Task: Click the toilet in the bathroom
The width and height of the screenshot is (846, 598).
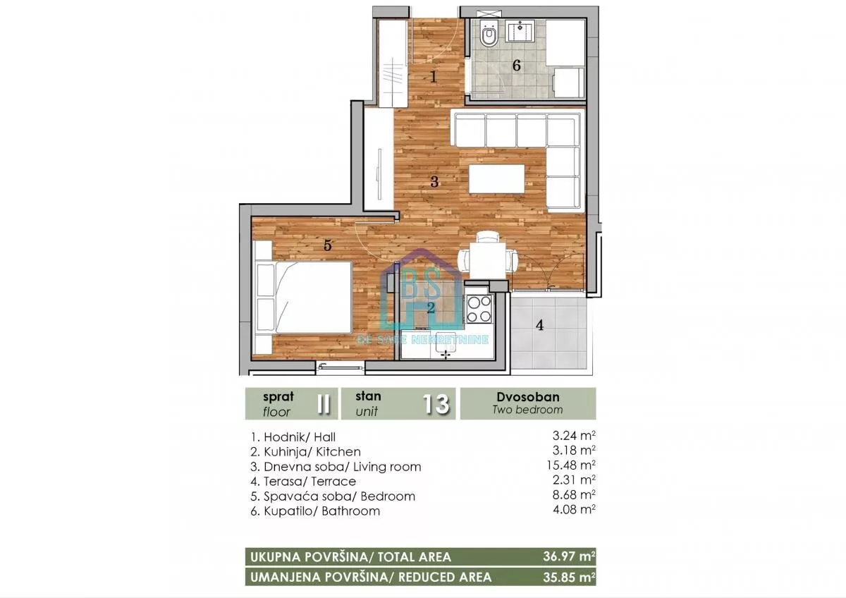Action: pos(489,34)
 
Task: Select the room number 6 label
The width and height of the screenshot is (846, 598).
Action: pos(516,66)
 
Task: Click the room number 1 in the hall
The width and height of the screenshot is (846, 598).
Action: pos(434,77)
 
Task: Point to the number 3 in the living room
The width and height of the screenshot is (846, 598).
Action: pos(434,182)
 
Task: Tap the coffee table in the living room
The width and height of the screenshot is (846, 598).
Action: pos(496,178)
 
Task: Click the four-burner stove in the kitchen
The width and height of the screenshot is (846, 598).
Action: pos(479,310)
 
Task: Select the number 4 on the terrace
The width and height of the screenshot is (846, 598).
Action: pos(540,325)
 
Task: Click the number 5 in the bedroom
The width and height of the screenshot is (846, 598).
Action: pos(327,245)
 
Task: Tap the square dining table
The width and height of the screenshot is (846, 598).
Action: pos(488,261)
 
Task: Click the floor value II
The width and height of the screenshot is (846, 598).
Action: pos(324,404)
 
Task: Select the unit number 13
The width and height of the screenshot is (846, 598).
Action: pos(436,404)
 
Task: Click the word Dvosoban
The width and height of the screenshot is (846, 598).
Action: pos(527,396)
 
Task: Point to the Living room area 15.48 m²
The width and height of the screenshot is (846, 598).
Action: pos(571,465)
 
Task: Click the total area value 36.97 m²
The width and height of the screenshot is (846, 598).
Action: pos(569,556)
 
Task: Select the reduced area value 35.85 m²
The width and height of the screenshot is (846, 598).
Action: pos(569,577)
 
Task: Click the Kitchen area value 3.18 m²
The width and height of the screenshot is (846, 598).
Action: pos(574,451)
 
